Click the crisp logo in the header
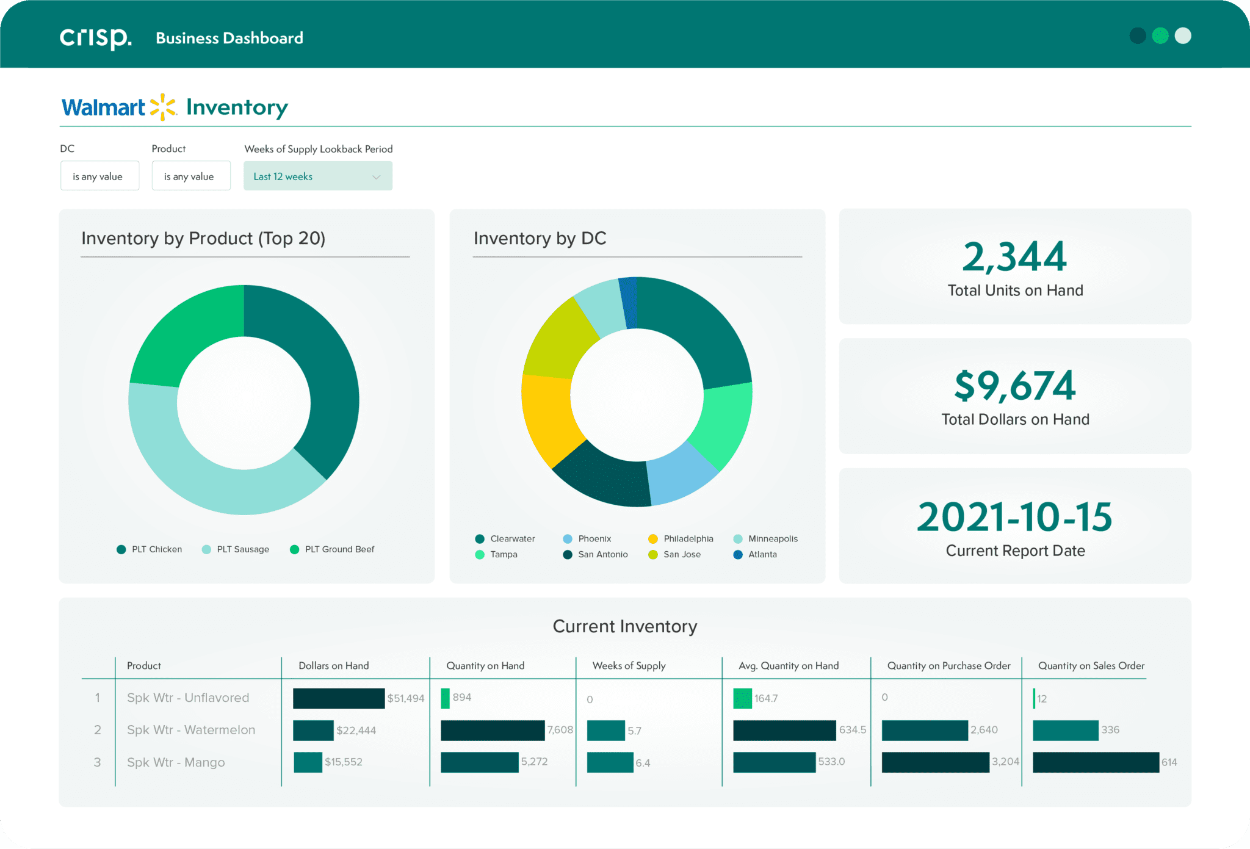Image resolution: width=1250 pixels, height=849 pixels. [x=95, y=38]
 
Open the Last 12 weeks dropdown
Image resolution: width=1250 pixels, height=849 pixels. [x=317, y=176]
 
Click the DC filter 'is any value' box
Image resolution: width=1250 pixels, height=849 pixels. [x=99, y=176]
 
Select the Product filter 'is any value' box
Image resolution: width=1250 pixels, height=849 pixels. [x=191, y=176]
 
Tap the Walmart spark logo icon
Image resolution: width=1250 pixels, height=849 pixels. [x=163, y=107]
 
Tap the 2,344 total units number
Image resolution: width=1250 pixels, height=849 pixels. [x=1014, y=257]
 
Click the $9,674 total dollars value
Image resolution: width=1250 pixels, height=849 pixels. [x=1014, y=386]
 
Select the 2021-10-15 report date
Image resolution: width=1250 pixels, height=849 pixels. [x=1014, y=518]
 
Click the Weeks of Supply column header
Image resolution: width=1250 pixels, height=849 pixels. [x=629, y=666]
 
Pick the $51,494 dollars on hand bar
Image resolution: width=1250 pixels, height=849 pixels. [x=339, y=698]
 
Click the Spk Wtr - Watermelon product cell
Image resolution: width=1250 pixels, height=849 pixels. [x=191, y=730]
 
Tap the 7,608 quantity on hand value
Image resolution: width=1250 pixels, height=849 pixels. [x=560, y=730]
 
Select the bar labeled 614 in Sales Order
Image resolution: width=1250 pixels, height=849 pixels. [x=1096, y=762]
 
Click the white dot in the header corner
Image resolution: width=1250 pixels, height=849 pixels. [x=1183, y=36]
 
